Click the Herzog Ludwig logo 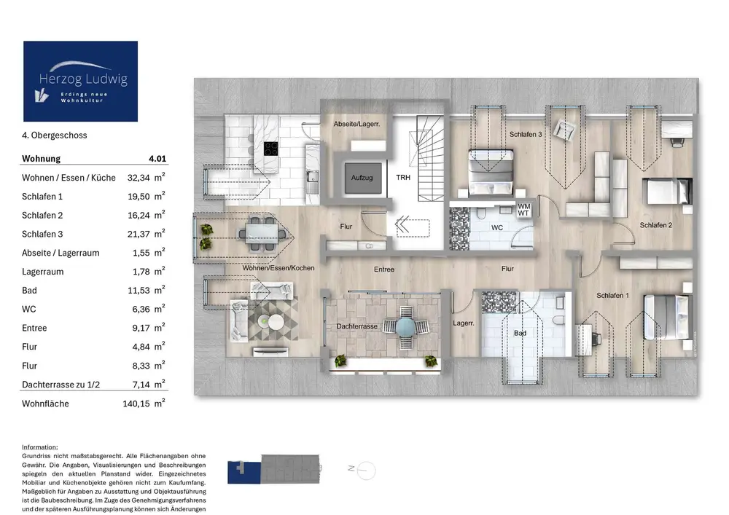point(80,82)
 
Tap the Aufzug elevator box point(362,178)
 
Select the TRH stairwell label point(403,178)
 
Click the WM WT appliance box point(523,210)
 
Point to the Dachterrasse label point(356,326)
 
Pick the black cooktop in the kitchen point(271,149)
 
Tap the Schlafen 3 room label point(526,134)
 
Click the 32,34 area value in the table point(139,178)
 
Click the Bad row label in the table point(29,290)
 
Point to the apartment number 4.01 point(157,158)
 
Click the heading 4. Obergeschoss point(55,135)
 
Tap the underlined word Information point(40,447)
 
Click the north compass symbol point(365,471)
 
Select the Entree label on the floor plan point(384,270)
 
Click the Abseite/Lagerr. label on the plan point(356,124)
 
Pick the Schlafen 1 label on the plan point(613,295)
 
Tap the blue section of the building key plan point(244,473)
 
